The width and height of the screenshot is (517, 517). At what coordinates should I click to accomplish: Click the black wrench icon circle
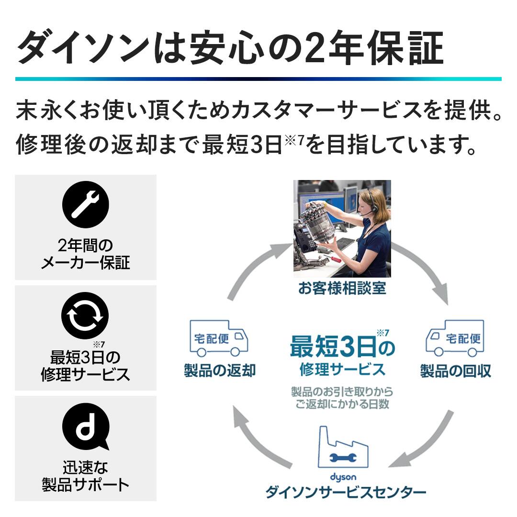[85, 204]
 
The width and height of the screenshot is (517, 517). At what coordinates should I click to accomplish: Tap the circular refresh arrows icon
[85, 315]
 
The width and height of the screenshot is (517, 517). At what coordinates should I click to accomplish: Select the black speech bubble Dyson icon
[86, 427]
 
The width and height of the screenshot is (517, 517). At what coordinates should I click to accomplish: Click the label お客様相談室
[342, 288]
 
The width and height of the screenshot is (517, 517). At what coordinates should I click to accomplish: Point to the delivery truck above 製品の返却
[219, 338]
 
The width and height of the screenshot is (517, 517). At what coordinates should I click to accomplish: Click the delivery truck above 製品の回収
[455, 338]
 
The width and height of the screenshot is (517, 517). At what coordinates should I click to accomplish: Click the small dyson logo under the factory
[343, 477]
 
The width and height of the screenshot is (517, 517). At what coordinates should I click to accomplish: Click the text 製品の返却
[220, 370]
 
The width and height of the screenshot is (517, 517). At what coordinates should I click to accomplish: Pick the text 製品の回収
[456, 371]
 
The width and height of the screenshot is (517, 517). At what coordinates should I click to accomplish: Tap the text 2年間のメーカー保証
[85, 254]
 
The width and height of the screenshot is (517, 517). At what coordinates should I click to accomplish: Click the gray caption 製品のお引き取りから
[342, 392]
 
